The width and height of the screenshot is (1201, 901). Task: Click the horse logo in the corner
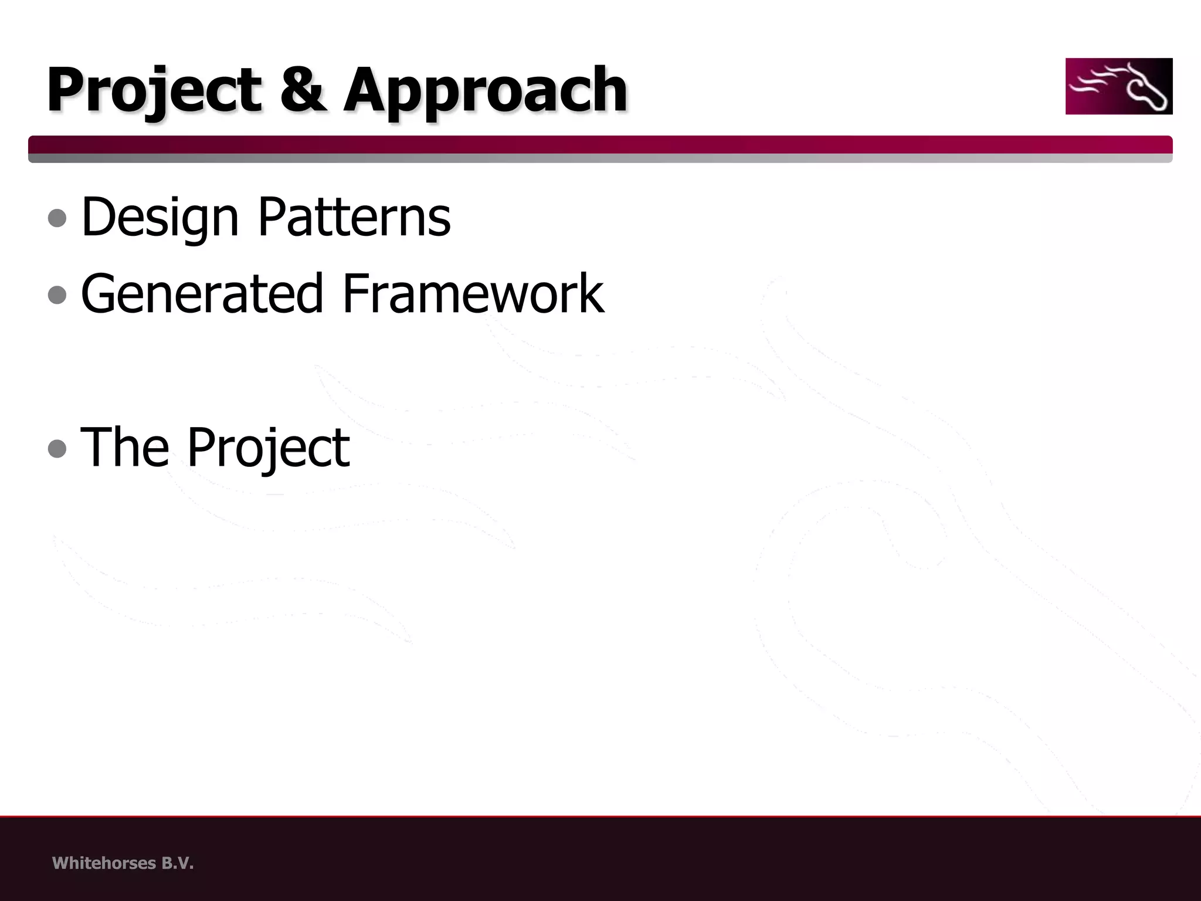tap(1118, 86)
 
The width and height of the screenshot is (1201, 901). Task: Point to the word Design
tap(160, 218)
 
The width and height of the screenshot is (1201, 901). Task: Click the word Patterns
tap(354, 216)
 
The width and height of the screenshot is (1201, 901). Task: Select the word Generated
tap(202, 293)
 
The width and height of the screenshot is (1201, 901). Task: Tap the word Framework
tap(473, 293)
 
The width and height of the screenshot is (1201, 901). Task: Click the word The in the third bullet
tap(124, 447)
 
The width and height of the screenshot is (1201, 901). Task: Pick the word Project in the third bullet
tap(268, 448)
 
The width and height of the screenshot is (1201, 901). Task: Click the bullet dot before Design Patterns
tap(57, 218)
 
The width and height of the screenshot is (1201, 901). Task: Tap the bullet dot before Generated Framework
tap(57, 294)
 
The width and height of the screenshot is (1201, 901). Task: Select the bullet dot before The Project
tap(57, 449)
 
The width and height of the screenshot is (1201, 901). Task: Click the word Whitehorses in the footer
tap(104, 863)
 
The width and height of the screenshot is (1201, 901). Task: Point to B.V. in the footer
tap(177, 863)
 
